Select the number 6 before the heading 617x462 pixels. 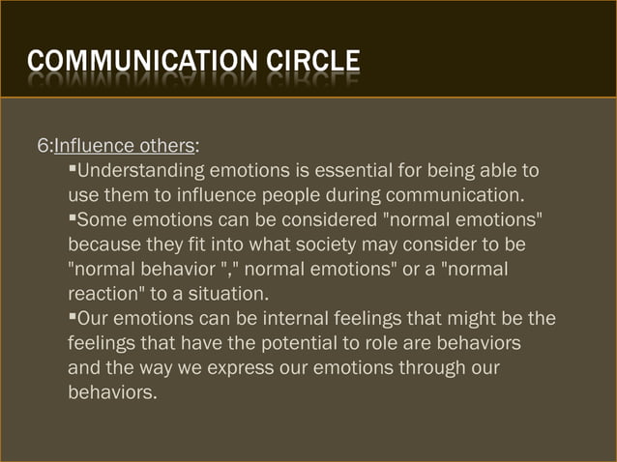43,147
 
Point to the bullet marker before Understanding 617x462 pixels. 72,171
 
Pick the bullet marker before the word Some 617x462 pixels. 72,217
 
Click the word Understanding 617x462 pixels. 140,172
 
